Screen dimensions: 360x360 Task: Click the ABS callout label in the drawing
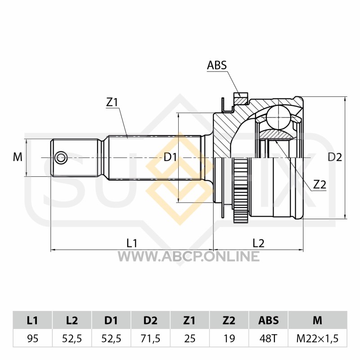tap(217, 65)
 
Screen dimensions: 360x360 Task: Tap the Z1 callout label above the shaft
tap(112, 103)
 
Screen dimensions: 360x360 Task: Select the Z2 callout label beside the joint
tap(320, 184)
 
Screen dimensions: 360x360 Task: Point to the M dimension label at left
tap(18, 157)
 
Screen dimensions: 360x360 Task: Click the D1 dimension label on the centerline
tap(170, 157)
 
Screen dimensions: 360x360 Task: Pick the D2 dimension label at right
tap(335, 157)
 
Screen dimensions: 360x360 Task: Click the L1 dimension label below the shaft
tap(132, 243)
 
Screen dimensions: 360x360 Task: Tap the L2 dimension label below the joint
tap(258, 243)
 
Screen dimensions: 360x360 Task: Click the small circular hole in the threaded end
tap(61, 158)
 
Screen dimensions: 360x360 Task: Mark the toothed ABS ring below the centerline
tap(241, 190)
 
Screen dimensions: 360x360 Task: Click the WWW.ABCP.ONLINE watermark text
tap(189, 256)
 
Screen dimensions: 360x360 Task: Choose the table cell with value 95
tap(32, 338)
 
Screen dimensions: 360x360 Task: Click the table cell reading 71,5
tap(150, 338)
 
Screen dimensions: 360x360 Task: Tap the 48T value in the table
tap(268, 338)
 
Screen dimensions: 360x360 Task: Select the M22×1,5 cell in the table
tap(318, 338)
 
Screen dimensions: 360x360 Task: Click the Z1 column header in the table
tap(189, 320)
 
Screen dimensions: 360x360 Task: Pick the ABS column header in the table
tap(268, 320)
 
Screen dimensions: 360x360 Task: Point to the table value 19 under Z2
tap(229, 338)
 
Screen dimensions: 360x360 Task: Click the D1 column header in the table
tap(111, 320)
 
